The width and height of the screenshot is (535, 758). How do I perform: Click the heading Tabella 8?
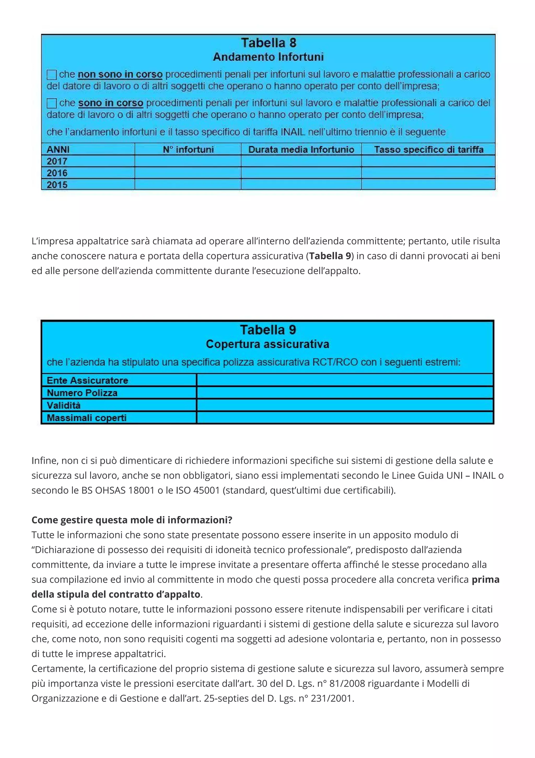pos(268,43)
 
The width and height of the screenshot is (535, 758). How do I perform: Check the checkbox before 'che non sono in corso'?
pos(52,75)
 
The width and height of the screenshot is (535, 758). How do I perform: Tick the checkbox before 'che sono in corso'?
pos(52,103)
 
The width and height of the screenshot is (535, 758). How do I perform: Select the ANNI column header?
pos(58,150)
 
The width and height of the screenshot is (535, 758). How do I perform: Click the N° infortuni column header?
pos(188,150)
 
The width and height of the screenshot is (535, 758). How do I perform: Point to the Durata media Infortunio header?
pos(301,150)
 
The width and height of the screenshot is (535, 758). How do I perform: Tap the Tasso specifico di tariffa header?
pos(428,150)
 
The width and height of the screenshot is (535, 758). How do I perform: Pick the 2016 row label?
pos(57,173)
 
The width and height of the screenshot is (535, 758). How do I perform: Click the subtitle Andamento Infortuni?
pos(268,57)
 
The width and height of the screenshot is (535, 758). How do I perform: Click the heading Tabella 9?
pos(268,330)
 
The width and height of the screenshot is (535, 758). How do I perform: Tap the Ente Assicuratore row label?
pos(87,380)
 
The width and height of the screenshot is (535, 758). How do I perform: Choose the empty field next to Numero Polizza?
pos(345,393)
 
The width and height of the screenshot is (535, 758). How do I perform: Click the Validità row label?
pos(64,405)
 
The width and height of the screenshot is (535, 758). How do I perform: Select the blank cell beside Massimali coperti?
pos(345,418)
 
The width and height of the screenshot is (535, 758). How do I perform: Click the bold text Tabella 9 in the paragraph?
pos(330,256)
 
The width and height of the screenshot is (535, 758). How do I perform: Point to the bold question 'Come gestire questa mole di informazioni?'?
pos(132,520)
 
